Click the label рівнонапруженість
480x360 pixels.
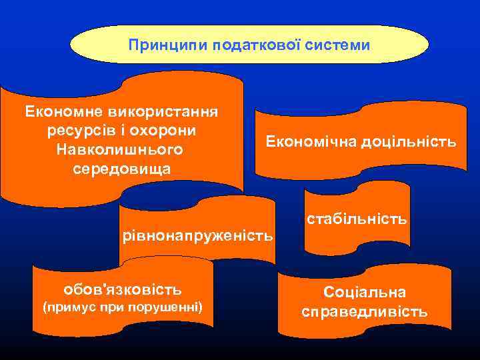click(197, 235)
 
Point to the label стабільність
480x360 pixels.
click(357, 218)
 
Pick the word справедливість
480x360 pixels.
click(365, 312)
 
